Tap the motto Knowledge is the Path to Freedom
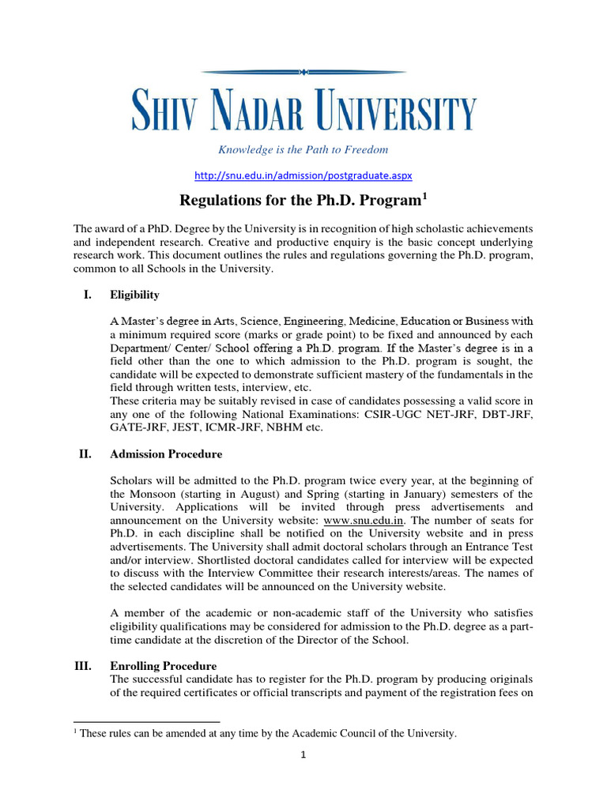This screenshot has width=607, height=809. pos(303,149)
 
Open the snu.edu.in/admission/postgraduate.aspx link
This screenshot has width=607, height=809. pos(303,174)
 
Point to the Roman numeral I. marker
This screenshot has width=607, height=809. pos(87,295)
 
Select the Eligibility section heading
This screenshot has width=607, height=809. pos(134,295)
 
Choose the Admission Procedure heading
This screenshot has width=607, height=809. pos(166,454)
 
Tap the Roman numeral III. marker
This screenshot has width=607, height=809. pos(83,666)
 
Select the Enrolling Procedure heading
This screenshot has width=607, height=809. pos(163,666)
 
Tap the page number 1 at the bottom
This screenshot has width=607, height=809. pos(303,754)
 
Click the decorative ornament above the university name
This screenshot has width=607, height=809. pos(303,72)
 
